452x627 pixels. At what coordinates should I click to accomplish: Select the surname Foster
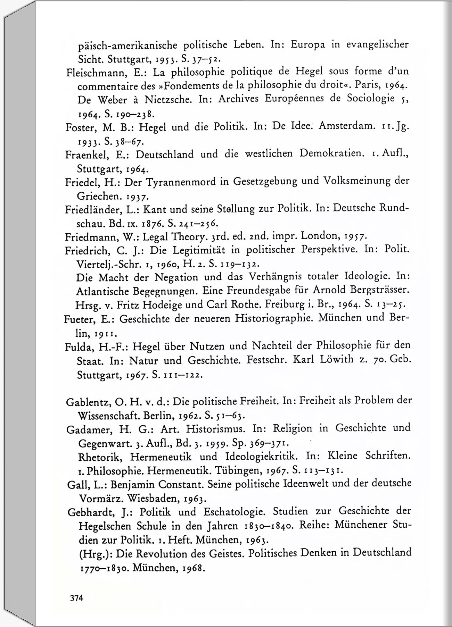(80, 128)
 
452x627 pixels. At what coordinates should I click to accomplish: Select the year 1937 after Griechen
(137, 197)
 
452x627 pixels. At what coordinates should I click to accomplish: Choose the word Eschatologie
(234, 512)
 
